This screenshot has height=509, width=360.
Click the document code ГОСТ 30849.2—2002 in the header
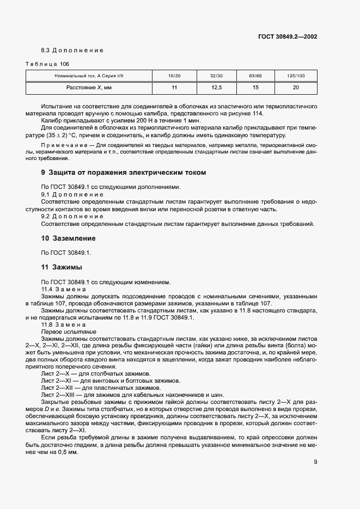pos(288,38)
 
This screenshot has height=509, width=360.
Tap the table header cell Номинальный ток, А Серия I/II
pos(89,76)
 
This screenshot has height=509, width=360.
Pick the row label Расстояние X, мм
pos(89,87)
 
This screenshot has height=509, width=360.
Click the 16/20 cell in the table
pos(174,76)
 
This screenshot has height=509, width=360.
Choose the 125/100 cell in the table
pos(296,76)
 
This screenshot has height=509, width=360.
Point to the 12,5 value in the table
pos(216,87)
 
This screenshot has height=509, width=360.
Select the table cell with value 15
pos(255,87)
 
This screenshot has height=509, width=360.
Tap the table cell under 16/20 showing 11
pos(174,87)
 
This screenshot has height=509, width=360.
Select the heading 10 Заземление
pos(69,238)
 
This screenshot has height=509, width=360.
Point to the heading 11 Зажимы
pos(62,267)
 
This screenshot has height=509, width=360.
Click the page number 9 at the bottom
pos(315,462)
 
